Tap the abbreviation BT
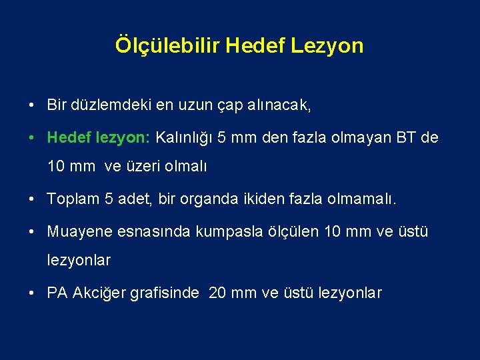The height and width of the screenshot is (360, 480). tap(409, 138)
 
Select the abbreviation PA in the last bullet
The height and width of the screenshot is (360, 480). tap(58, 293)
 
